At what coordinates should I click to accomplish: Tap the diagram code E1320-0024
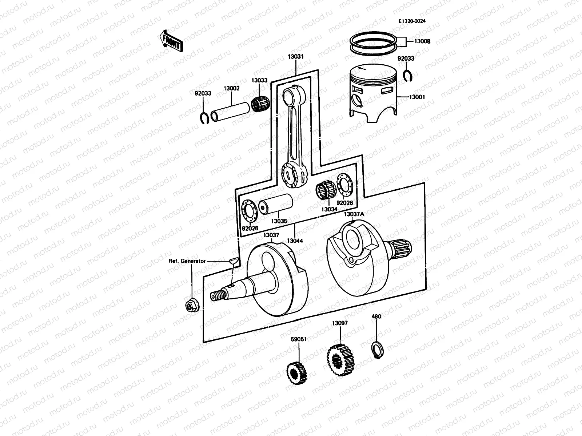412,21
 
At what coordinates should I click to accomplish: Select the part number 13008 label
422,41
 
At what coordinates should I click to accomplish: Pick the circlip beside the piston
408,75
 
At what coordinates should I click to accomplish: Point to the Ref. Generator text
187,261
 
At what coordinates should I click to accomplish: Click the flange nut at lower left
191,307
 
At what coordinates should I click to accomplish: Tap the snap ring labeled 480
376,349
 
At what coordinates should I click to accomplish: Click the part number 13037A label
354,214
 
